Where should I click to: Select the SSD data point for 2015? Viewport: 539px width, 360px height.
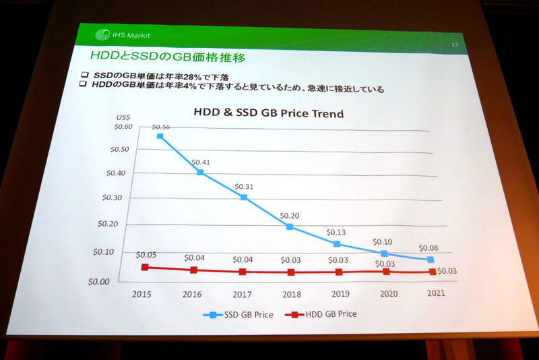160,136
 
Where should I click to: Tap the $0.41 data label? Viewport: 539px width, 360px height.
201,162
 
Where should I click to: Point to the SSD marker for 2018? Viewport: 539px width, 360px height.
290,227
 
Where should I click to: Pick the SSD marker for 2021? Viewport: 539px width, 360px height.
431,260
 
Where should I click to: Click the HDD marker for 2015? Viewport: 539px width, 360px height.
145,267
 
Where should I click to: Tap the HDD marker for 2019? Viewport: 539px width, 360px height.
339,272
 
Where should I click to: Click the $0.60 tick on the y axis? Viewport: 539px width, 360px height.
123,127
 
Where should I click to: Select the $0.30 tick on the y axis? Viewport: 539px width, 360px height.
114,198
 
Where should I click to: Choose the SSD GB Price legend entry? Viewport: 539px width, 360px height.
240,314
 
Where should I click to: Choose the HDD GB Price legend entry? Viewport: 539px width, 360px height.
321,314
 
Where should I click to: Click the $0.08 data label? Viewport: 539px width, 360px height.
429,247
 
